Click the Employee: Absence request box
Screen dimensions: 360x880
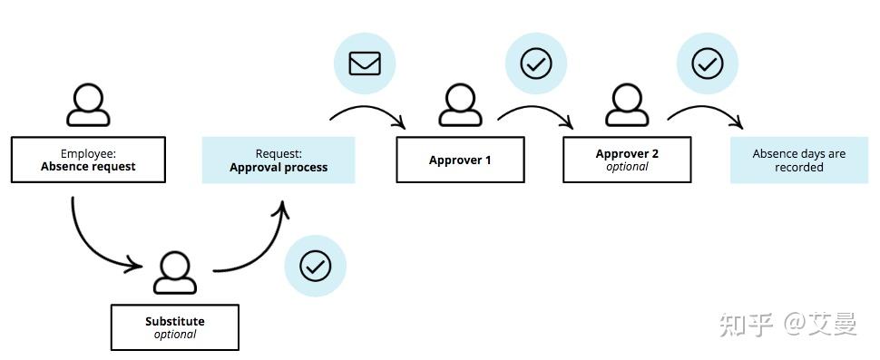88,160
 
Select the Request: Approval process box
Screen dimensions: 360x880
278,161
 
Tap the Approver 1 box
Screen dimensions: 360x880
460,160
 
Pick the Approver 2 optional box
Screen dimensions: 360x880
627,160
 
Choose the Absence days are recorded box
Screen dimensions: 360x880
798,161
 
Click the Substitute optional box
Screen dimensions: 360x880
174,327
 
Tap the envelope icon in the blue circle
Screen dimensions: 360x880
365,63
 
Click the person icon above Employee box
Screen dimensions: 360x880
88,104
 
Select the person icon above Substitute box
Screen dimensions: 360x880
175,273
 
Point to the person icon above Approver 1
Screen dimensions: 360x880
460,104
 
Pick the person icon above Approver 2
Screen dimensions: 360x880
627,104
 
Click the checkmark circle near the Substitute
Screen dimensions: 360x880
315,266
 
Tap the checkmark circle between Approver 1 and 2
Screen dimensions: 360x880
535,63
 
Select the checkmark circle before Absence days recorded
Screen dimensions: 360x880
707,63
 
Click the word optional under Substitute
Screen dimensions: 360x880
174,335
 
